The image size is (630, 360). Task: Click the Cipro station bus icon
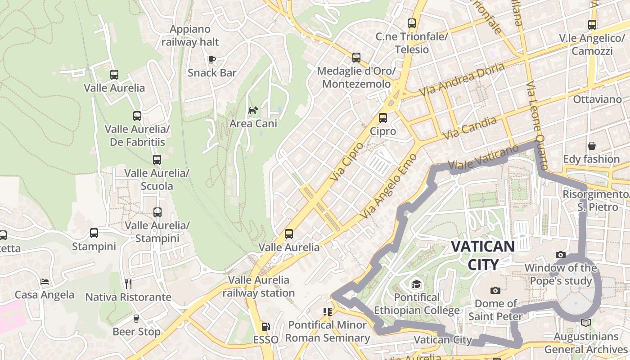pos(382,118)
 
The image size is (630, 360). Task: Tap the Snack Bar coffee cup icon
pos(211,59)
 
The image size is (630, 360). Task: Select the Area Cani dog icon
pos(253,110)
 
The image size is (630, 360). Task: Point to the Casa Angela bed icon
pos(45,282)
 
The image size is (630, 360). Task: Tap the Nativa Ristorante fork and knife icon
pos(128,283)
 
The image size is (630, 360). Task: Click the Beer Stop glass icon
pos(136,319)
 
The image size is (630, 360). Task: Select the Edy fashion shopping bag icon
pos(591,146)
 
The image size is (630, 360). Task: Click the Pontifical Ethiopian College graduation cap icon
pos(416,284)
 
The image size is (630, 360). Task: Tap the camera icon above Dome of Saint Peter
pos(495,290)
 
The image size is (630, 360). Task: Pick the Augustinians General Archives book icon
pos(585,323)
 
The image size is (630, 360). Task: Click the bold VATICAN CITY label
pos(483,255)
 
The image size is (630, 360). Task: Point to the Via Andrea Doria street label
pos(462,79)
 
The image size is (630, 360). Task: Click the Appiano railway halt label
pos(190,36)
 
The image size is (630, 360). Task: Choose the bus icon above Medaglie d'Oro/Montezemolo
pos(356,58)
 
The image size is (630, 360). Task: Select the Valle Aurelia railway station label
pos(258,287)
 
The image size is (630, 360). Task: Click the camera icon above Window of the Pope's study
pos(561,255)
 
